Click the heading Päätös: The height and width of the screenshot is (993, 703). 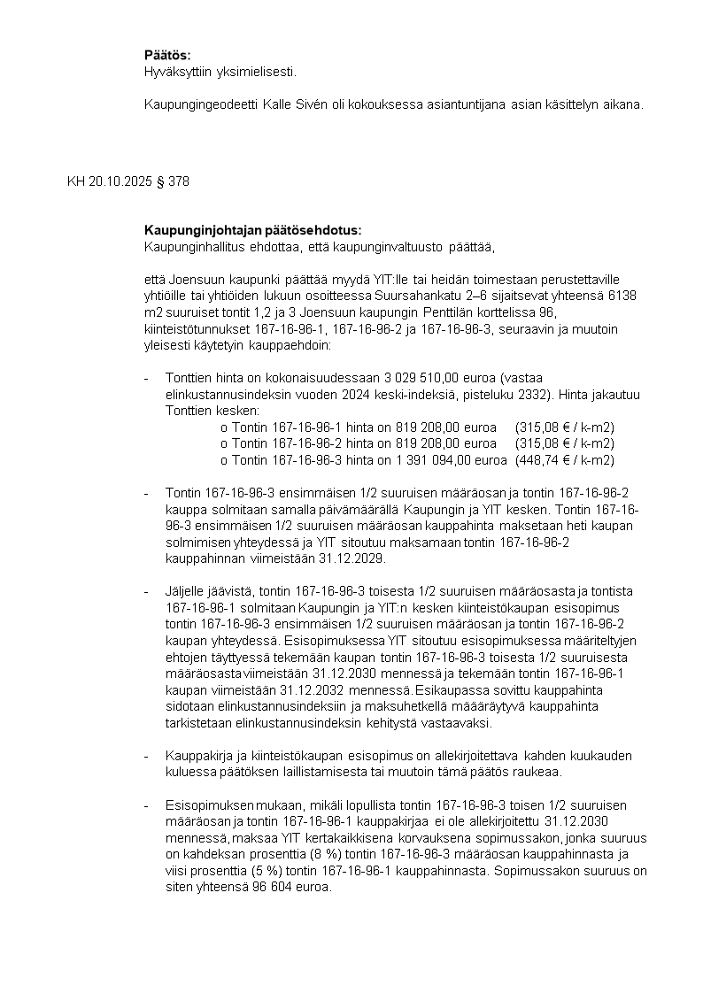pyautogui.click(x=167, y=56)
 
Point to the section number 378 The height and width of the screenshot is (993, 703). pyautogui.click(x=178, y=181)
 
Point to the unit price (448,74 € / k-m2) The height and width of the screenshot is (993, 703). pyautogui.click(x=565, y=460)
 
